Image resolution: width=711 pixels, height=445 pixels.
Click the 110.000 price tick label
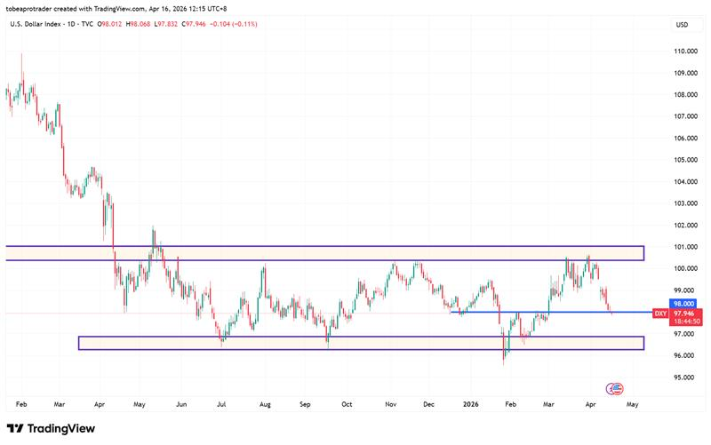(x=683, y=52)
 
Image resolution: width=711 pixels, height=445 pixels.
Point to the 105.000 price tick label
(x=683, y=160)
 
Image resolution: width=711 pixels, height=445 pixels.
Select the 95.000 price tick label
(x=683, y=377)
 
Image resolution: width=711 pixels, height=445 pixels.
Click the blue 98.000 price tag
(x=683, y=303)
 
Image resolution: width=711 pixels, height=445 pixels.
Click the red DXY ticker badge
(x=660, y=314)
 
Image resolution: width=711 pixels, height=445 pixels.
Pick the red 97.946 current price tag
(x=683, y=314)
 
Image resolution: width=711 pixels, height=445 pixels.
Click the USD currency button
(x=683, y=24)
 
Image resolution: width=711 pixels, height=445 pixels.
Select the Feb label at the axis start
(x=21, y=402)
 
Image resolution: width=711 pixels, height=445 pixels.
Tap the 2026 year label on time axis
(x=472, y=402)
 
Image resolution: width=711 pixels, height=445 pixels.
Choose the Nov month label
(x=389, y=402)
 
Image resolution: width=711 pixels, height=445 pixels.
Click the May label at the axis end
(x=632, y=402)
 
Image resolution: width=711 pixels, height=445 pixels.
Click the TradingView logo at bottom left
(x=52, y=429)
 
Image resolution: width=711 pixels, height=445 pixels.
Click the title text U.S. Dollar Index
(x=36, y=23)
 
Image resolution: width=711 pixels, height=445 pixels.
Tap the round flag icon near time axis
(x=614, y=388)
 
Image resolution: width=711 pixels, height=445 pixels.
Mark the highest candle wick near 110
(x=21, y=55)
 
